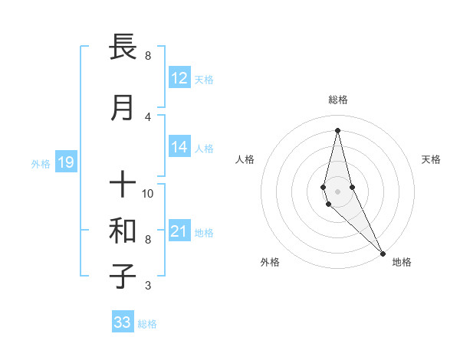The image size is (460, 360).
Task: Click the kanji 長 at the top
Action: [123, 47]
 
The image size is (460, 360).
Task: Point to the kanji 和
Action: [123, 231]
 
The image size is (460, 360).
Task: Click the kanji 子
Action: [123, 276]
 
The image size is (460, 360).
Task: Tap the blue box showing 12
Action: [179, 78]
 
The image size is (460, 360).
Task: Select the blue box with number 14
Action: [179, 147]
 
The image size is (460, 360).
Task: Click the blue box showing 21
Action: [179, 231]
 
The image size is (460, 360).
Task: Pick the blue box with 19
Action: [66, 162]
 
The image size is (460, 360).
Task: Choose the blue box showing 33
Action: [123, 322]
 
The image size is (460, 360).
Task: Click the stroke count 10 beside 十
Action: [149, 193]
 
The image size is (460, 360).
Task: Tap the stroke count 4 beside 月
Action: [148, 116]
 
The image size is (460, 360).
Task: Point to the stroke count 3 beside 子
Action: [148, 286]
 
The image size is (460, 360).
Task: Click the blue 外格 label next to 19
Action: [41, 163]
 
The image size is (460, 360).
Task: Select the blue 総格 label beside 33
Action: [147, 324]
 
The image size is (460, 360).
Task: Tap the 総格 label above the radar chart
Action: [338, 100]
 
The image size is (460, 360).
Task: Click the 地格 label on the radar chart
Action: [402, 262]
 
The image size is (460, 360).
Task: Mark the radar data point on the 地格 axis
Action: [383, 252]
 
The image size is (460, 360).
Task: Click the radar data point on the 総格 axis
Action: [337, 129]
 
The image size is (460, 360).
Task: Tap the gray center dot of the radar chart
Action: [337, 191]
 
